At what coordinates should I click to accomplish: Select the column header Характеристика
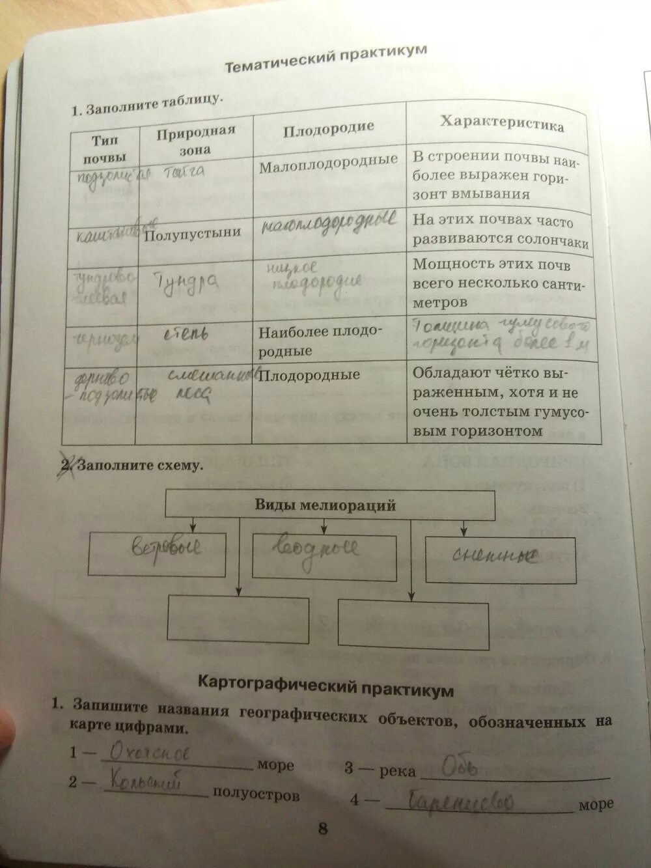click(x=502, y=124)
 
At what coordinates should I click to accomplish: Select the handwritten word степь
click(x=186, y=335)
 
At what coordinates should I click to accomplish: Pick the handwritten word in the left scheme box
click(x=167, y=548)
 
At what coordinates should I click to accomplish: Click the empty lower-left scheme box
click(x=238, y=618)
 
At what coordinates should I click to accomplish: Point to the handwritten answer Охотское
click(x=150, y=753)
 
